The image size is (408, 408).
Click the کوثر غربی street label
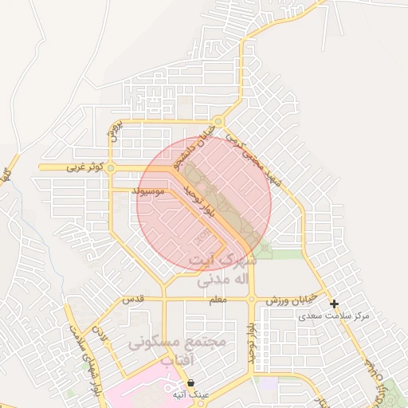[65, 168]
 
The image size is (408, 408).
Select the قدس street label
[131, 300]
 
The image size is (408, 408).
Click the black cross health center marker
[334, 304]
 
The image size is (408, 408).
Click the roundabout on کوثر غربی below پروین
[111, 168]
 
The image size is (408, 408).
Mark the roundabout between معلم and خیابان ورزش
[251, 300]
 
